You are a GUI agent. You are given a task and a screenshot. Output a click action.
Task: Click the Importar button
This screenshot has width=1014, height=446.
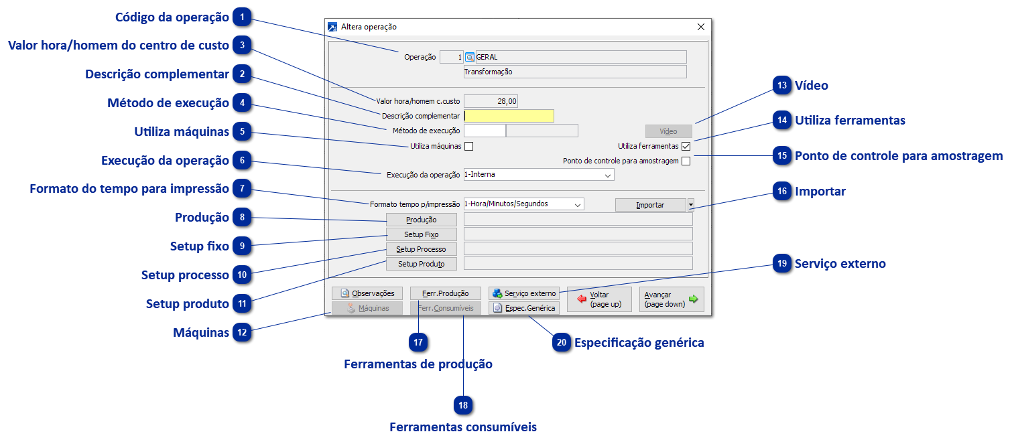click(650, 205)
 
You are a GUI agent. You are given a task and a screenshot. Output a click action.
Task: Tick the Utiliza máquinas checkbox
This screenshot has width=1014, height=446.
click(469, 146)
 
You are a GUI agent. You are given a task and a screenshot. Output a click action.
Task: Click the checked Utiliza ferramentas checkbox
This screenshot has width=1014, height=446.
click(686, 146)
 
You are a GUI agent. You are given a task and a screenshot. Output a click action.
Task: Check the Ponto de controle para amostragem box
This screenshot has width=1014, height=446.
click(686, 161)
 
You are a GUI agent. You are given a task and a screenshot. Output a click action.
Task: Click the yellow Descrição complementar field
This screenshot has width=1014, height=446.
click(509, 116)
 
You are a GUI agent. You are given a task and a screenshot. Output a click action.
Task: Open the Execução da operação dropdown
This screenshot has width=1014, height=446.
click(538, 175)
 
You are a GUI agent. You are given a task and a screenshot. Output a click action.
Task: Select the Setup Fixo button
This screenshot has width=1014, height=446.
click(421, 234)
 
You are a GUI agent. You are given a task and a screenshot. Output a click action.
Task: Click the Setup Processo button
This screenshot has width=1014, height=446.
click(421, 249)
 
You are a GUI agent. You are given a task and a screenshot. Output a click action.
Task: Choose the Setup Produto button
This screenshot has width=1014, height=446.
click(421, 264)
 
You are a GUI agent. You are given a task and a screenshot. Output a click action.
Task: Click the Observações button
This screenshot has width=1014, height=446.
click(367, 293)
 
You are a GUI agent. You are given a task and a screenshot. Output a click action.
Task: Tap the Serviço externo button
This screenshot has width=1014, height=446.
click(523, 293)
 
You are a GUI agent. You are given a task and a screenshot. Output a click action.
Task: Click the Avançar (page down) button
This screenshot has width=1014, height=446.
click(672, 299)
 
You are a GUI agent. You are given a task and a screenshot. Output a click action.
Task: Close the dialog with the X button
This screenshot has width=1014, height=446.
click(701, 27)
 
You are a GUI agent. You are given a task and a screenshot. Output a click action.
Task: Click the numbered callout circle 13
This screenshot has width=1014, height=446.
click(782, 86)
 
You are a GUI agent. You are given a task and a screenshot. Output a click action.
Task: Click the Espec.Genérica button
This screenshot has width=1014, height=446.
click(523, 308)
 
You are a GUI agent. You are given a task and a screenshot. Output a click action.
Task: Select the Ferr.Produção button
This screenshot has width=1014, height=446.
click(446, 293)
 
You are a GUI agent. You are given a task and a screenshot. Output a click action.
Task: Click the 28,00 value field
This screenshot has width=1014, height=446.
click(491, 101)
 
